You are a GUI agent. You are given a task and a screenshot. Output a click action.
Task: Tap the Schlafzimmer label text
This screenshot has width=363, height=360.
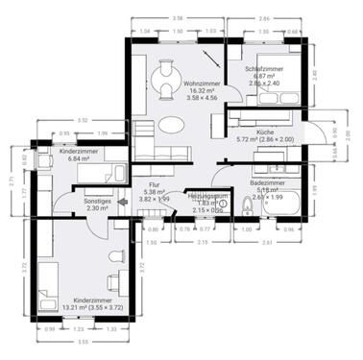pyautogui.click(x=261, y=69)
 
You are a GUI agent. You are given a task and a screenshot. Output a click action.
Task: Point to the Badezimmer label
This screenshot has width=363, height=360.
pyautogui.click(x=267, y=180)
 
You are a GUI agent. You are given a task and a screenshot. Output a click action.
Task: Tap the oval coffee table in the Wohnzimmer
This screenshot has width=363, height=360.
pyautogui.click(x=171, y=125)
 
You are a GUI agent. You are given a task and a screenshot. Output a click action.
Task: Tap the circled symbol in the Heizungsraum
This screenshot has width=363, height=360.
pyautogui.click(x=222, y=204)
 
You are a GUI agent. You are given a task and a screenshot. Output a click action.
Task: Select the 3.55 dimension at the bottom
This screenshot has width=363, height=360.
pyautogui.click(x=84, y=341)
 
